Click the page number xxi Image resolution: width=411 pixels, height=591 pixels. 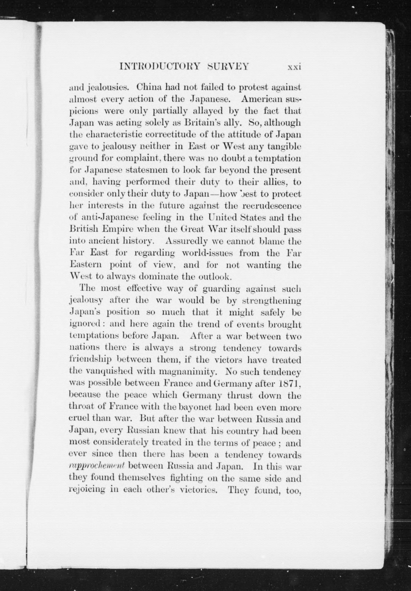click(294, 67)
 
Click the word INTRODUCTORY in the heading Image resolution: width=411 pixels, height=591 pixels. click(160, 67)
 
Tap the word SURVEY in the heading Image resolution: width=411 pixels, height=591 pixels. click(228, 67)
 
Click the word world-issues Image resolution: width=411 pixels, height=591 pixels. click(207, 253)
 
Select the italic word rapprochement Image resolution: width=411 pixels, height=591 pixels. click(97, 466)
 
